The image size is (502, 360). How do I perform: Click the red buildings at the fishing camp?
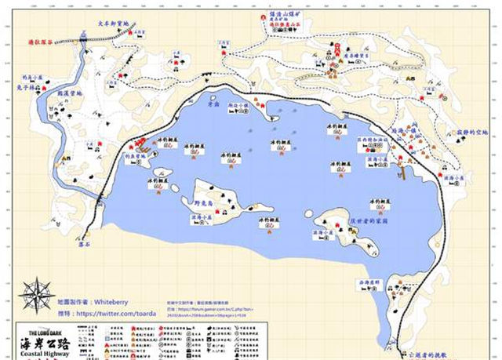point(141,144)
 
